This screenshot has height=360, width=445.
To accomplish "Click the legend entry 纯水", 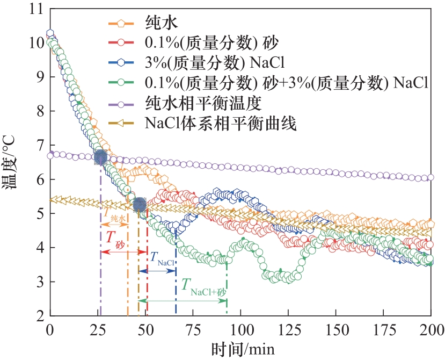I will tap(162, 23).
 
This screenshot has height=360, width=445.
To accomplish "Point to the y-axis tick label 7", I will tap(38, 145).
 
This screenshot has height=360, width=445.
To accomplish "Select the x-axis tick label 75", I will tap(193, 329).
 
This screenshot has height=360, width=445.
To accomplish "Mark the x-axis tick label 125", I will tap(288, 329).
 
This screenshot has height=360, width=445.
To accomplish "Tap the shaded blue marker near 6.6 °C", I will tap(100, 157).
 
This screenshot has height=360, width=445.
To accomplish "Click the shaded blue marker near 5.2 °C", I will tap(139, 205).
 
